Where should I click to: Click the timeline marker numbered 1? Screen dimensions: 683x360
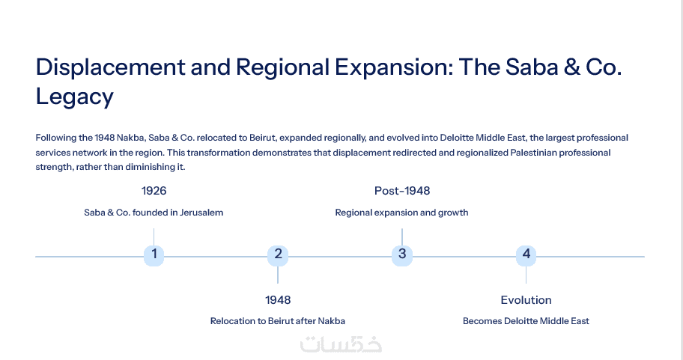click(154, 255)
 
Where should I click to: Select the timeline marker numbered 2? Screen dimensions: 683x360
click(278, 255)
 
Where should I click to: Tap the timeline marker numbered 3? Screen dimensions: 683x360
click(402, 255)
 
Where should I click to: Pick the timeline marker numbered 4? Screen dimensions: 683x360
click(526, 255)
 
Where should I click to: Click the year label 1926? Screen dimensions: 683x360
click(154, 191)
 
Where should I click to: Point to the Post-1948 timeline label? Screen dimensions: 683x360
click(402, 191)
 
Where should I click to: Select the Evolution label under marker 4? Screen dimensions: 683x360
click(526, 300)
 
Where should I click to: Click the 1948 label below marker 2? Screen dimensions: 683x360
click(278, 300)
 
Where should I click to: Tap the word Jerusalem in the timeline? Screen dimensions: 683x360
click(201, 213)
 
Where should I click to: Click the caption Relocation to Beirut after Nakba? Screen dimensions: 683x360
click(277, 321)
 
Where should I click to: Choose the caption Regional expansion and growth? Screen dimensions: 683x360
click(401, 213)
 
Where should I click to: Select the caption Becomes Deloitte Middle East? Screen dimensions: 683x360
click(526, 321)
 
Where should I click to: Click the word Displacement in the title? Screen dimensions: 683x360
click(111, 67)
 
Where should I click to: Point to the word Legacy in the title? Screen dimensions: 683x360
click(74, 97)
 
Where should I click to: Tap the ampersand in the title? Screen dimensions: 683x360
click(571, 67)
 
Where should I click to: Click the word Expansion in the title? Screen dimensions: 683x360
click(394, 67)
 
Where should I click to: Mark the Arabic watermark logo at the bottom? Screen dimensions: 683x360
click(341, 344)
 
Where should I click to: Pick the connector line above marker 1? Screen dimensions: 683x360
click(154, 237)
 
